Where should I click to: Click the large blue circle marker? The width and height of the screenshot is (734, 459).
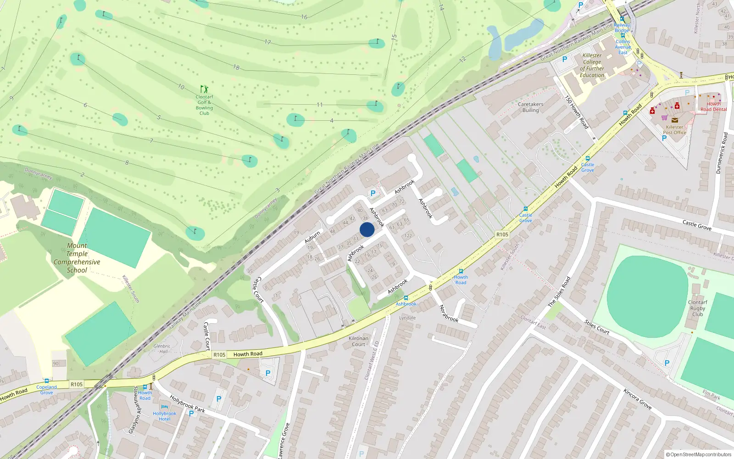367,229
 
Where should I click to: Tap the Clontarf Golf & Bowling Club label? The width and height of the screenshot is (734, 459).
204,105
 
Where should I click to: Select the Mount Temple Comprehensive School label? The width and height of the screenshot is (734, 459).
77,258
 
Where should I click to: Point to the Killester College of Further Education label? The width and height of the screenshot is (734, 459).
592,65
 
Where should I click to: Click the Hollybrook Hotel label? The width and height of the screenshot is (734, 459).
164,416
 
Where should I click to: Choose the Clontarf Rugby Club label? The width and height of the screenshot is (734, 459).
697,308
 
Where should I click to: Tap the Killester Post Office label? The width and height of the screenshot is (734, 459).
674,130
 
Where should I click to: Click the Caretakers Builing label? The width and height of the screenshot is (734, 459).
530,107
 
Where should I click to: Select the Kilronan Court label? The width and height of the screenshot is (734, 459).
358,341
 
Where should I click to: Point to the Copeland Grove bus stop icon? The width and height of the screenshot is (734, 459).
46,381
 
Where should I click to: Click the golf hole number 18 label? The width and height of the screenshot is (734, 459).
236,67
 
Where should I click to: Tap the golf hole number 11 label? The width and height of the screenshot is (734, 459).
319,105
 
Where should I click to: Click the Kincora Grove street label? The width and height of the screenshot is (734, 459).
637,398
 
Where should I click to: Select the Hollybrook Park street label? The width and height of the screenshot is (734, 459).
187,403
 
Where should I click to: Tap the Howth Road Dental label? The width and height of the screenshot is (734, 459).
713,106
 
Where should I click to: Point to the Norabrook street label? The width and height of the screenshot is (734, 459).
449,313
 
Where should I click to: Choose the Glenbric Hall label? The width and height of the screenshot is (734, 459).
161,349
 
